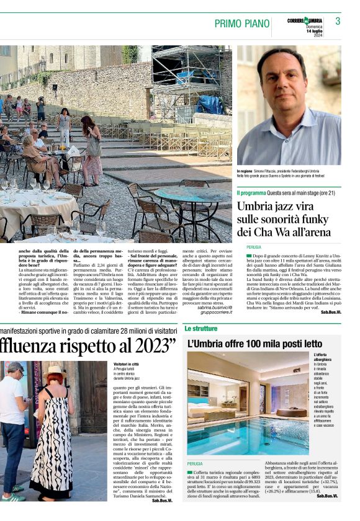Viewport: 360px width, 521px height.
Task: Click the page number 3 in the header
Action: [338, 22]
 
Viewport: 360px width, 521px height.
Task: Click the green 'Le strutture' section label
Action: [200, 327]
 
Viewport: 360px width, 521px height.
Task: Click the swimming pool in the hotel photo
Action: [248, 434]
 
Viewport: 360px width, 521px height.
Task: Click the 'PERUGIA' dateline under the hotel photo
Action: [195, 463]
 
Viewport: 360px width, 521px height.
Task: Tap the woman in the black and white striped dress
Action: [52, 434]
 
